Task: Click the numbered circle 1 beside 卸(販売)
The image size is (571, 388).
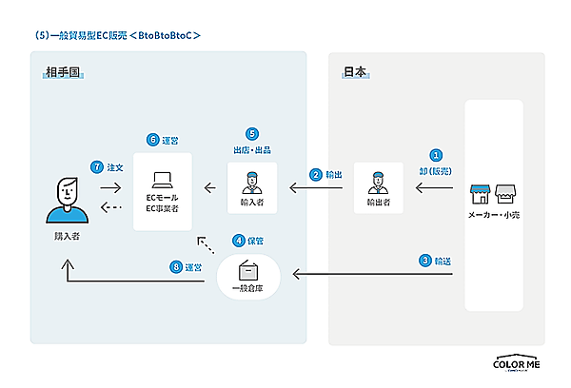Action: tap(437, 155)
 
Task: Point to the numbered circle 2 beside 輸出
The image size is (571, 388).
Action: tap(315, 174)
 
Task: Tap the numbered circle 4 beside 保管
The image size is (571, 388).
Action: tap(239, 241)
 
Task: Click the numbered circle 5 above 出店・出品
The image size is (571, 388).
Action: tap(252, 134)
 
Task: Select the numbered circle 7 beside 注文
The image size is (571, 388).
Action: tap(96, 166)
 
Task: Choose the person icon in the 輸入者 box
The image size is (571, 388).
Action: tap(252, 181)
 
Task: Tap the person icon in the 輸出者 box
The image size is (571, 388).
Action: tap(378, 181)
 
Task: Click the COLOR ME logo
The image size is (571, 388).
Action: tap(517, 364)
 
